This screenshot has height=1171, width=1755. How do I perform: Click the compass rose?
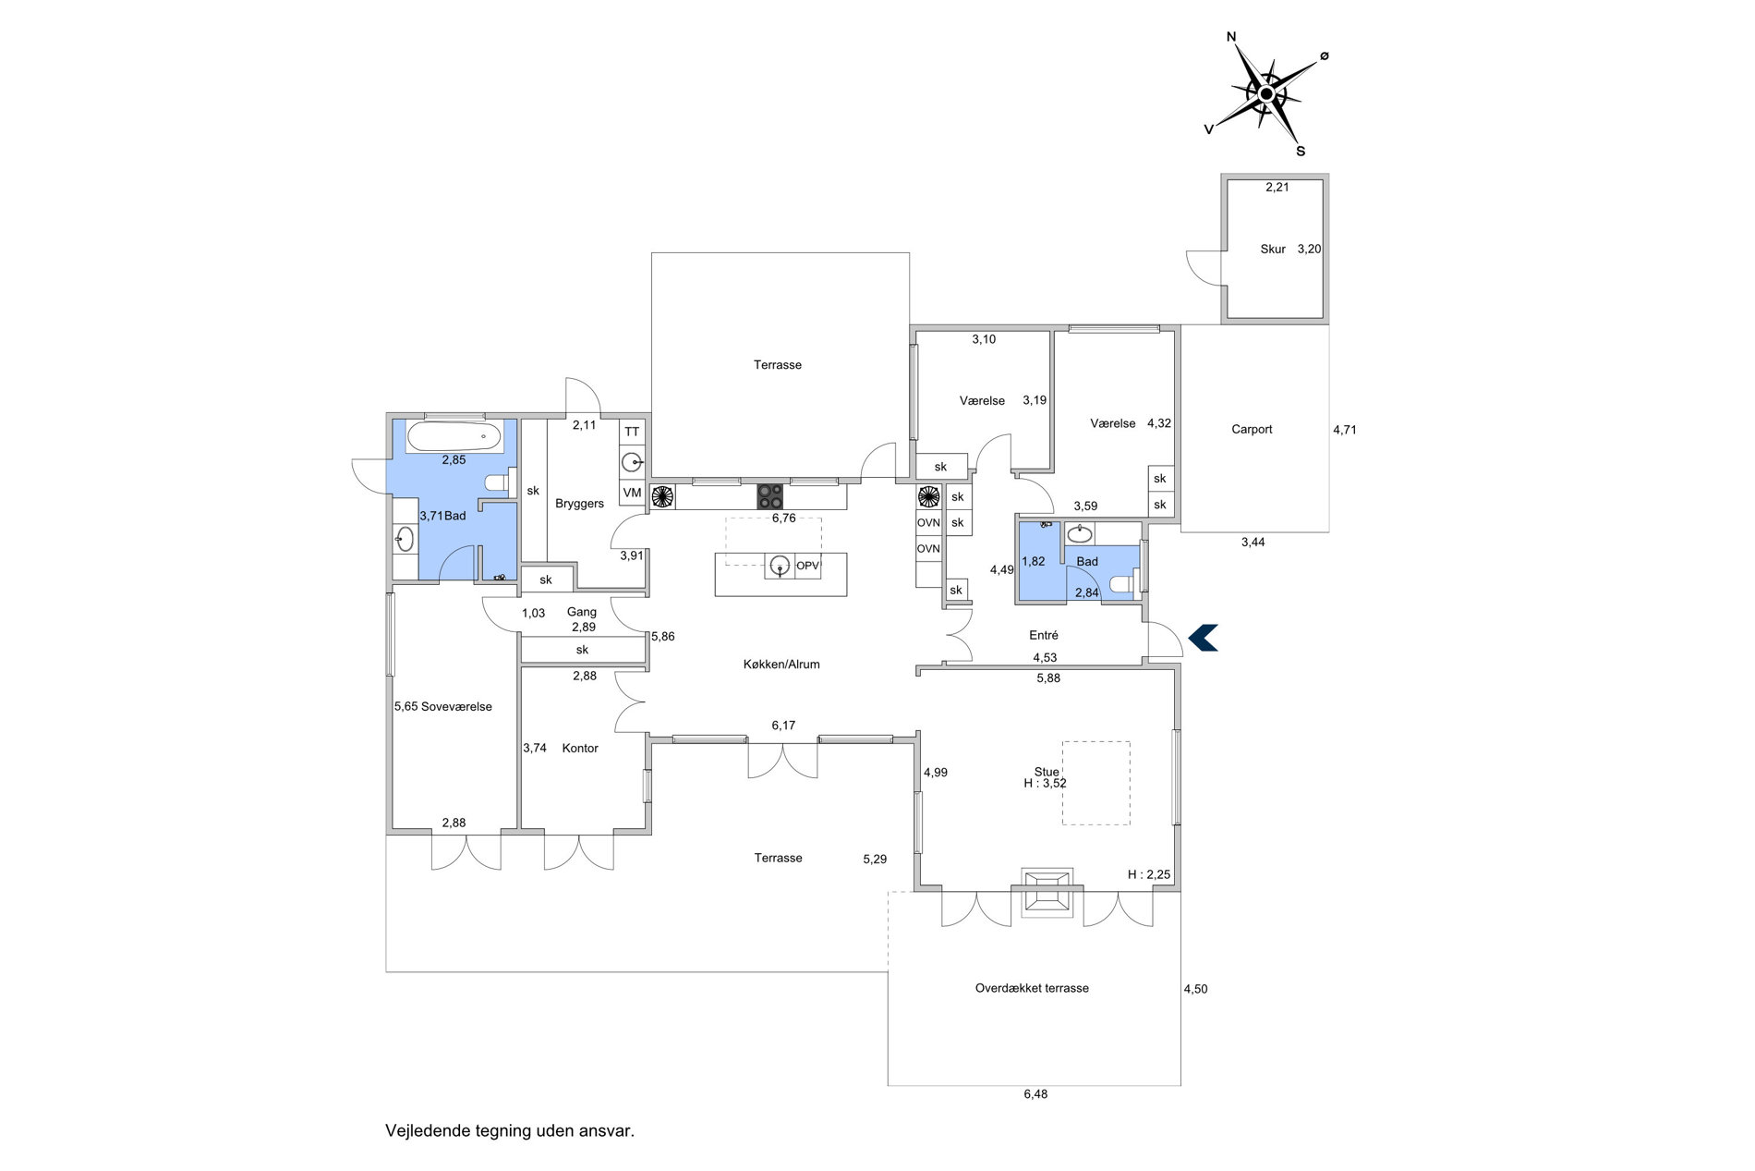pyautogui.click(x=1266, y=93)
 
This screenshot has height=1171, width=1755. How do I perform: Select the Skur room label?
pyautogui.click(x=1273, y=249)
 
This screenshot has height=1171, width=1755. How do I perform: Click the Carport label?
pyautogui.click(x=1252, y=429)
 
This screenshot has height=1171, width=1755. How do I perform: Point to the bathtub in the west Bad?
pyautogui.click(x=454, y=437)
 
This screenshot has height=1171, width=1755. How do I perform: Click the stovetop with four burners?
pyautogui.click(x=770, y=496)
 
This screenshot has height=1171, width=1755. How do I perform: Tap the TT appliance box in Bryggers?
pyautogui.click(x=632, y=432)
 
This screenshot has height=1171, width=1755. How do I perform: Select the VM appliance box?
pyautogui.click(x=632, y=493)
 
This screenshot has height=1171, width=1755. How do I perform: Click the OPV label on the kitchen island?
pyautogui.click(x=808, y=566)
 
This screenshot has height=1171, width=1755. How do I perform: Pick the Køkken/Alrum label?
pyautogui.click(x=781, y=664)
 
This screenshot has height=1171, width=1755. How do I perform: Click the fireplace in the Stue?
pyautogui.click(x=1047, y=893)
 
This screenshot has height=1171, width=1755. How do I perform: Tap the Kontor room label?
pyautogui.click(x=580, y=748)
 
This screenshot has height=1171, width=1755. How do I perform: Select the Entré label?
pyautogui.click(x=1044, y=635)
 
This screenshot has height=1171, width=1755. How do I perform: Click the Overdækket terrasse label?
pyautogui.click(x=1032, y=988)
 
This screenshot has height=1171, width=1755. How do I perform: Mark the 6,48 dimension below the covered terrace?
pyautogui.click(x=1035, y=1093)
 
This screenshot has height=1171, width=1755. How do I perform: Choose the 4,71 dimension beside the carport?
pyautogui.click(x=1345, y=429)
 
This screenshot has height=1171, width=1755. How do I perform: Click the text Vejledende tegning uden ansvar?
pyautogui.click(x=510, y=1130)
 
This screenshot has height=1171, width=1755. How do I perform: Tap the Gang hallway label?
pyautogui.click(x=582, y=612)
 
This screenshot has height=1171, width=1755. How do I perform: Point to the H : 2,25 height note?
pyautogui.click(x=1149, y=874)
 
